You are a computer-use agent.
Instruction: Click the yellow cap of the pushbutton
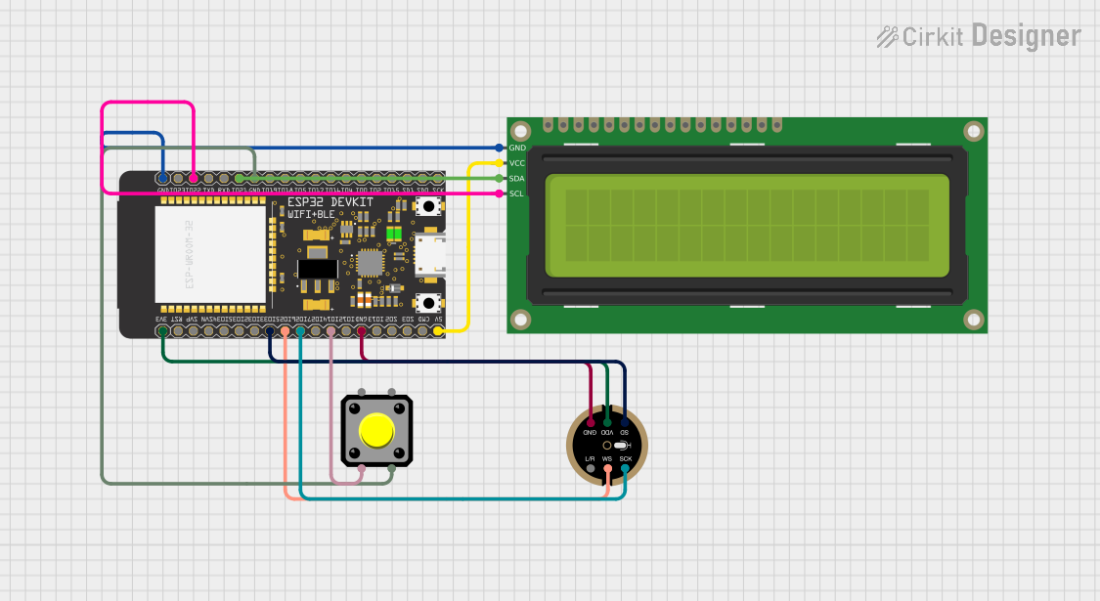(375, 430)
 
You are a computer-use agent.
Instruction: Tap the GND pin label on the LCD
(517, 148)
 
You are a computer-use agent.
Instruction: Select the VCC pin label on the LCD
(517, 163)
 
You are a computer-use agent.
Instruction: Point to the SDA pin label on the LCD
(517, 179)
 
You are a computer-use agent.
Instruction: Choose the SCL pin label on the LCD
(517, 193)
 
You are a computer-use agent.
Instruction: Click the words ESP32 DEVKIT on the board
(330, 200)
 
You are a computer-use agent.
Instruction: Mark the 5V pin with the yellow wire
(438, 331)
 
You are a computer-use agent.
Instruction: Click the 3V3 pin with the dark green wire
(162, 331)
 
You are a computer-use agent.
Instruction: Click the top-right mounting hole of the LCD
(973, 131)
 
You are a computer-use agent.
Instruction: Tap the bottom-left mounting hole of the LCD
(521, 320)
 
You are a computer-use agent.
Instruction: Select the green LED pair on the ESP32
(394, 234)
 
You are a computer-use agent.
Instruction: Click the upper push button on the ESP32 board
(427, 206)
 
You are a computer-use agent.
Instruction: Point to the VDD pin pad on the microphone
(607, 421)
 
